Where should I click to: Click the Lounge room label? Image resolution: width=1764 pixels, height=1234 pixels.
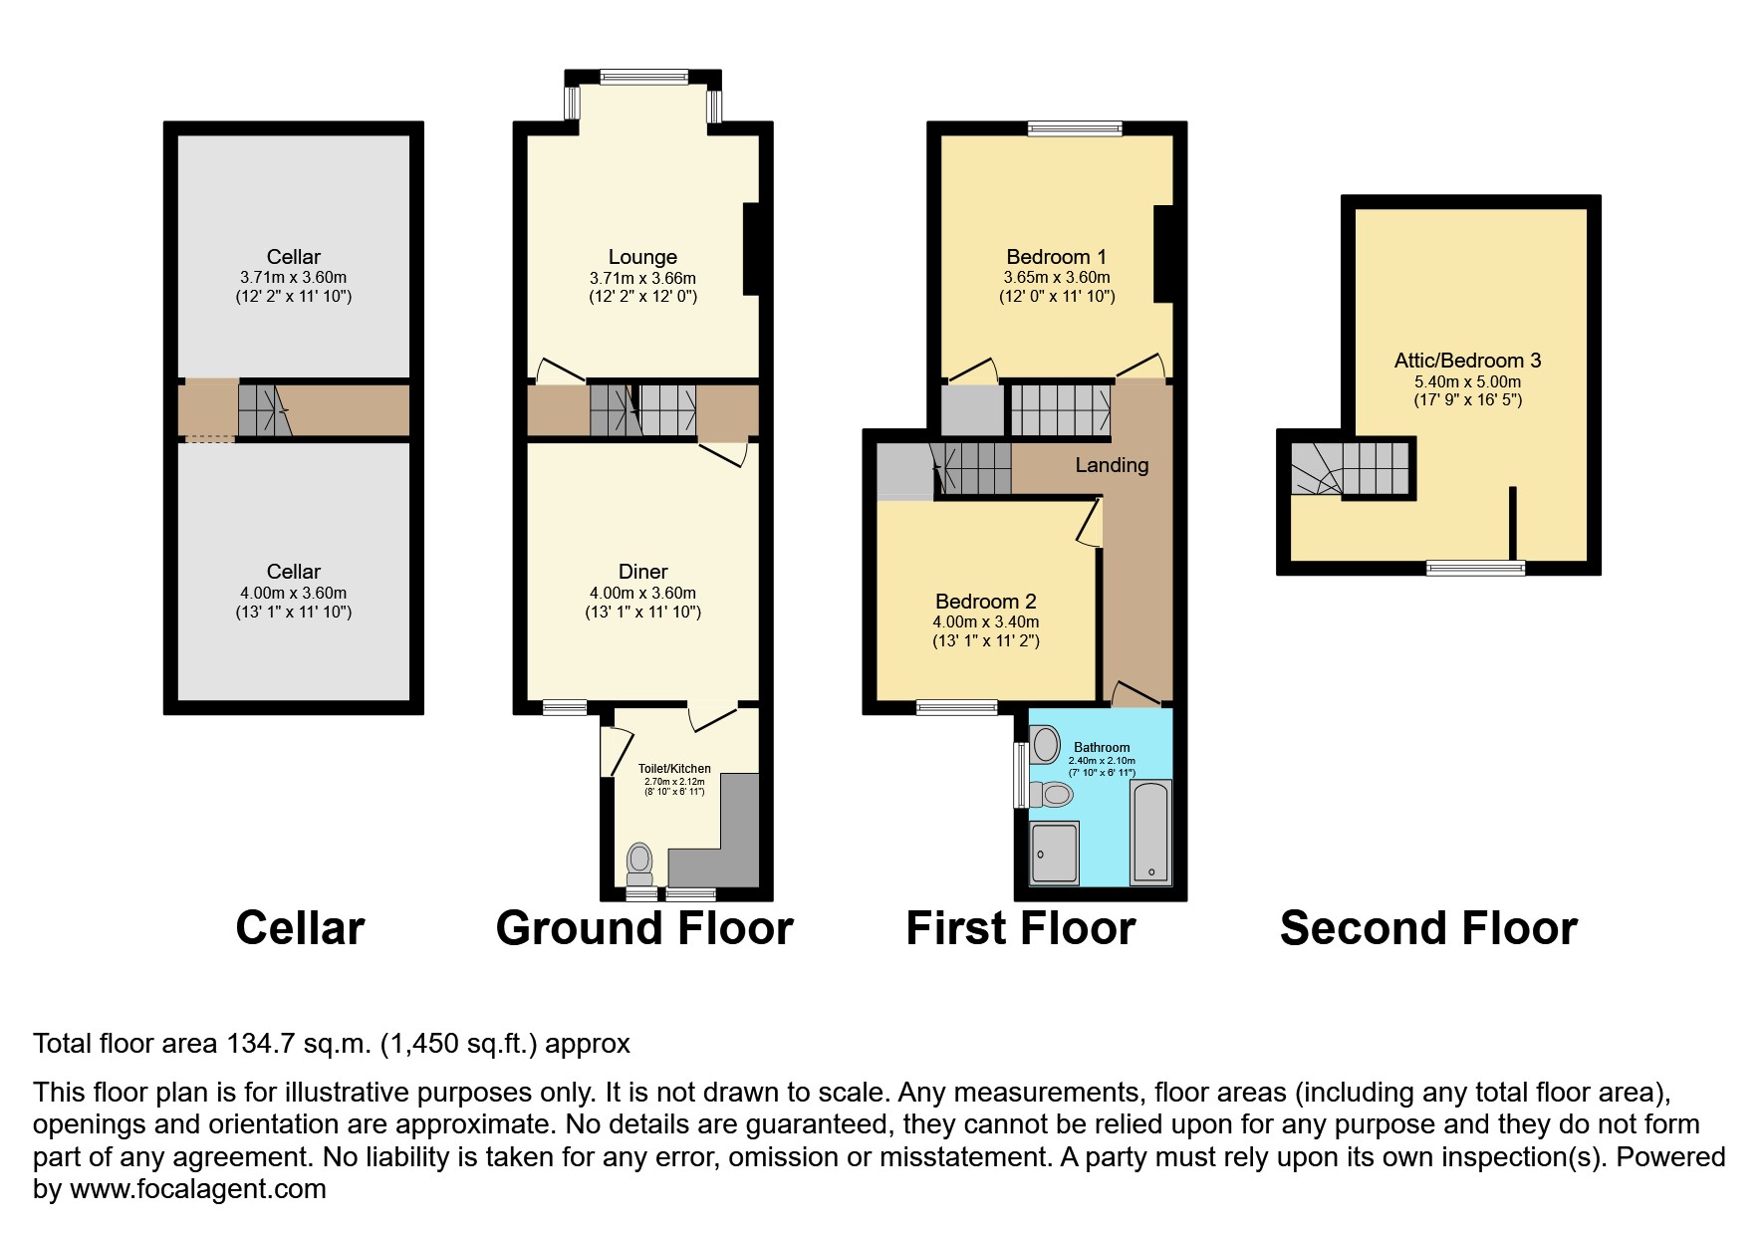point(642,257)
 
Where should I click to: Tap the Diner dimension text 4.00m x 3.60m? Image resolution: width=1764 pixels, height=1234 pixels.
point(642,593)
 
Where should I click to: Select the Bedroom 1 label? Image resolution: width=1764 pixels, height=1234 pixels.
point(1056,257)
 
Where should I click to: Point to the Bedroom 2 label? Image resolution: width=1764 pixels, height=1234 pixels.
point(985,602)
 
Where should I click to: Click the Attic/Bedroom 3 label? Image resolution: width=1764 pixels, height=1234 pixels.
point(1467,361)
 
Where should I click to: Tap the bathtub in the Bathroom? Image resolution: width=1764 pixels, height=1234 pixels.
point(1150,833)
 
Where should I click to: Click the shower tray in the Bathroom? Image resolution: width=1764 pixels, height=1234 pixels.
point(1054,854)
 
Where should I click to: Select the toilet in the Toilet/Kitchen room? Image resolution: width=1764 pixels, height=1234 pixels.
point(639,863)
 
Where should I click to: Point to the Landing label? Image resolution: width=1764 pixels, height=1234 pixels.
point(1112,465)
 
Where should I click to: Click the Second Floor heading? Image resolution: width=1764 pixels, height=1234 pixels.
point(1427,928)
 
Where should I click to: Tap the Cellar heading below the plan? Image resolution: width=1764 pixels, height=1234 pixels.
point(300,928)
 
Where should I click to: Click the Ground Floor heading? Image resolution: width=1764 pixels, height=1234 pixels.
point(643,928)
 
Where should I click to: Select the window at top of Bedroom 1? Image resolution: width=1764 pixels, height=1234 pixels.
point(1075,127)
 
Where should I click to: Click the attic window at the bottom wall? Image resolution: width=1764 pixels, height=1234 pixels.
point(1475,569)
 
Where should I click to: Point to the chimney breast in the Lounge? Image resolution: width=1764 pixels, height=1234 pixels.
point(751,249)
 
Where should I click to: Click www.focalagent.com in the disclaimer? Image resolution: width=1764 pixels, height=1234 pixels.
point(197,1189)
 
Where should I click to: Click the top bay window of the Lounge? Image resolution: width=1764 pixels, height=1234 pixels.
point(643,76)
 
